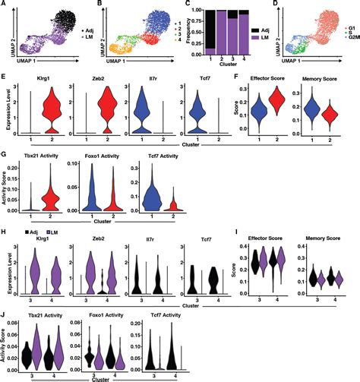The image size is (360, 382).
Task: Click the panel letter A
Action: click(5, 6)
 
